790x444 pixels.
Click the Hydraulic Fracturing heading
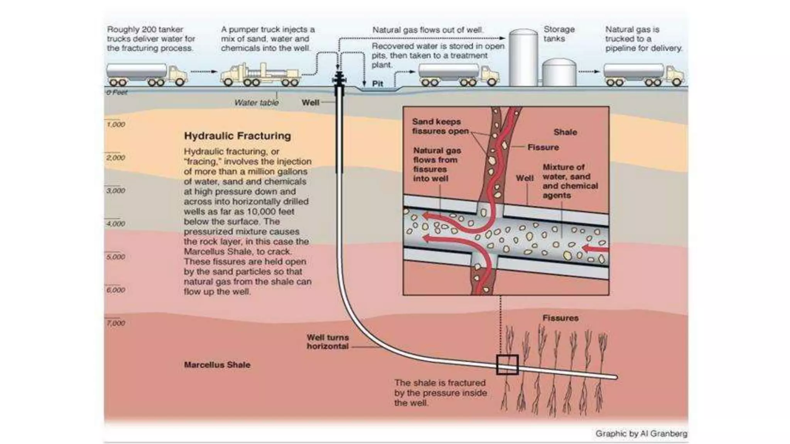pyautogui.click(x=237, y=136)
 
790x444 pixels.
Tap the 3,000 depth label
pyautogui.click(x=116, y=191)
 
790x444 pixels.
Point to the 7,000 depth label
pyautogui.click(x=116, y=323)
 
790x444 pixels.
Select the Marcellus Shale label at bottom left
pyautogui.click(x=217, y=365)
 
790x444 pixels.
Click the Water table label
pyautogui.click(x=256, y=103)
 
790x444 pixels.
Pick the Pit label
pyautogui.click(x=377, y=84)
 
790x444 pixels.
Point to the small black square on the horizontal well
pyautogui.click(x=507, y=365)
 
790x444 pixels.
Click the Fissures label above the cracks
pyautogui.click(x=560, y=318)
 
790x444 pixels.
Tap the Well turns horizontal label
pyautogui.click(x=327, y=342)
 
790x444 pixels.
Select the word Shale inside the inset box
pyautogui.click(x=565, y=132)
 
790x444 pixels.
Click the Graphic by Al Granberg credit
pyautogui.click(x=641, y=434)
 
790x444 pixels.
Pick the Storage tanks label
pyautogui.click(x=559, y=34)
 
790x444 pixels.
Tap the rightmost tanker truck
pyautogui.click(x=643, y=74)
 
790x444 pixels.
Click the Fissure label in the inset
pyautogui.click(x=543, y=147)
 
